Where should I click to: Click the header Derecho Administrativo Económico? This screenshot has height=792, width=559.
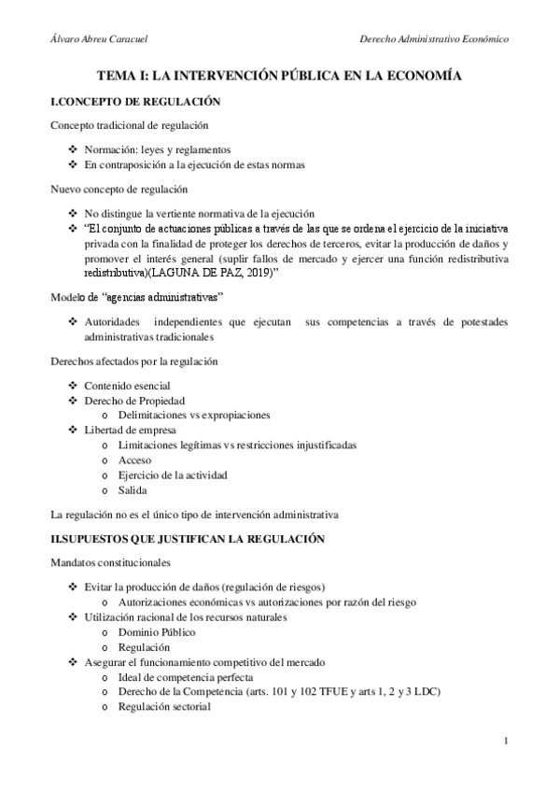coord(434,39)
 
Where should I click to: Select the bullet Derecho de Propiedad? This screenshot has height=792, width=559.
coord(134,400)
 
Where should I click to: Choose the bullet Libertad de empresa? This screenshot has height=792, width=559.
coord(131,430)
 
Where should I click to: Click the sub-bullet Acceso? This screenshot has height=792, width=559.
coord(134,460)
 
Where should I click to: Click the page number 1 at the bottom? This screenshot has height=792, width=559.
coord(505,742)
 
